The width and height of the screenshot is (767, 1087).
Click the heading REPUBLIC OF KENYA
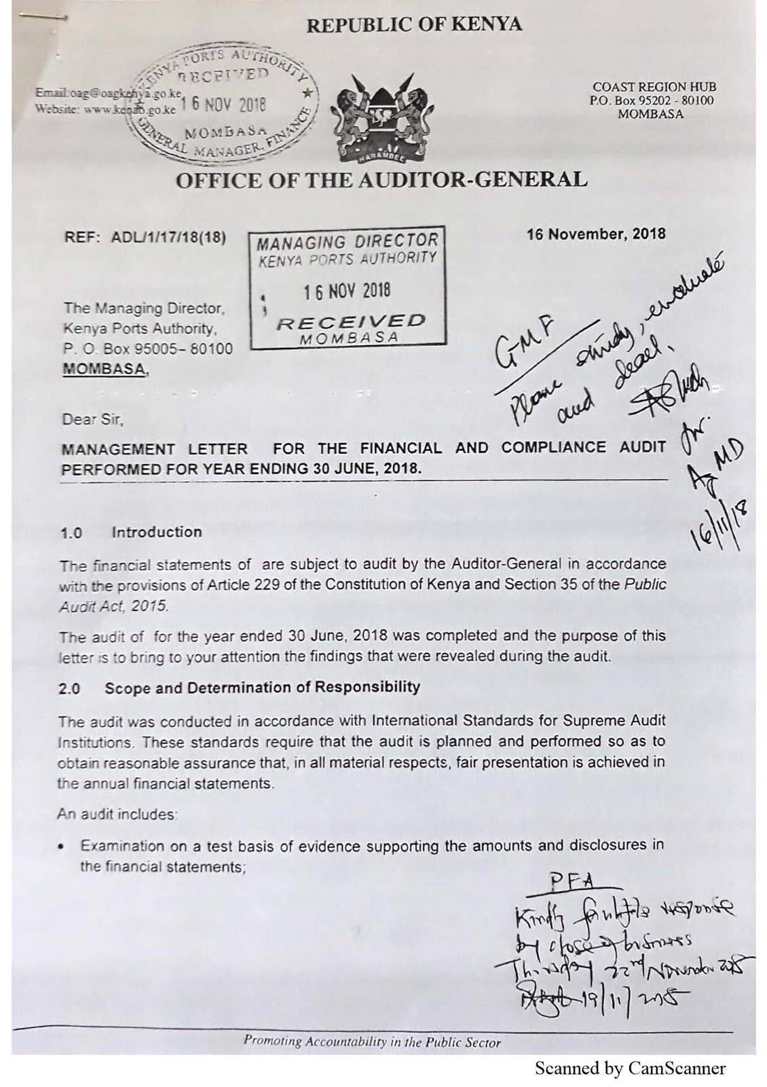(414, 25)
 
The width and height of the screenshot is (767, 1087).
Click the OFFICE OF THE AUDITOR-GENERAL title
(381, 181)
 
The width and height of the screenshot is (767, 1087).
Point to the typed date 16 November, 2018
(596, 234)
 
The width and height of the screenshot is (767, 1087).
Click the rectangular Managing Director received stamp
(347, 287)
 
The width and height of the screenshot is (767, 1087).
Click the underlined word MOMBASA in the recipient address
(104, 370)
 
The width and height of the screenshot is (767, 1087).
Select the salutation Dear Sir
(92, 419)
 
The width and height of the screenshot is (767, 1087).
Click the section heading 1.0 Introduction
(131, 532)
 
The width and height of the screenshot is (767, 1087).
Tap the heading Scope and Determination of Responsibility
(262, 688)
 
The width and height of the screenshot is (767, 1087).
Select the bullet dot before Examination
(62, 847)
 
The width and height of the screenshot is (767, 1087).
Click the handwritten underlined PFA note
(572, 881)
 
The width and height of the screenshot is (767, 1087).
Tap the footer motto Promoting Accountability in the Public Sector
(372, 1041)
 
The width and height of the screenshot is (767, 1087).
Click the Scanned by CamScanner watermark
(630, 1069)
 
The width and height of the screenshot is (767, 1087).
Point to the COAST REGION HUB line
(654, 87)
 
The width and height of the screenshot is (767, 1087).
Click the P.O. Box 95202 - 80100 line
(651, 101)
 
